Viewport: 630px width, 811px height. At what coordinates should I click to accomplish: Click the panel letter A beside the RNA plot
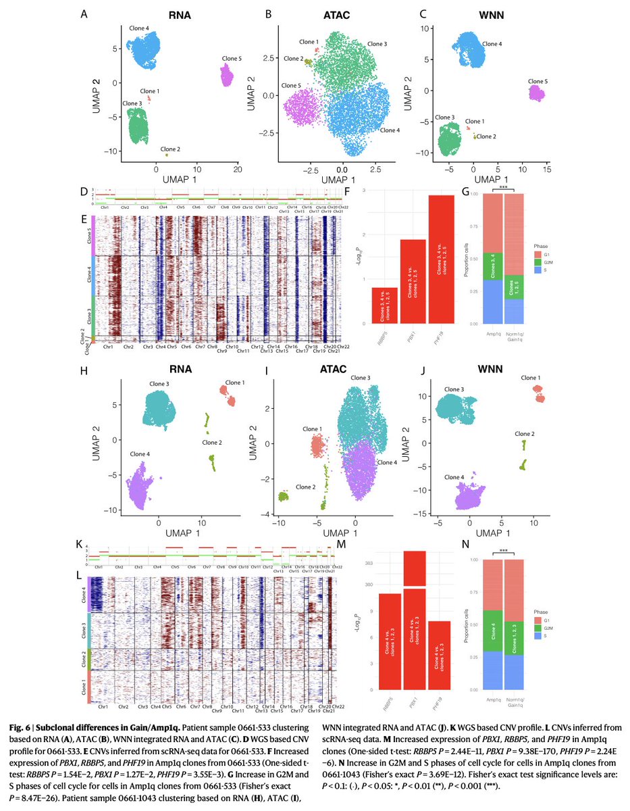coord(84,14)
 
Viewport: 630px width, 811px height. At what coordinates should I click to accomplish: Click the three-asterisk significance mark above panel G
coord(503,187)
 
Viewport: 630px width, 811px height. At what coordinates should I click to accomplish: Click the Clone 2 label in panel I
coord(305,487)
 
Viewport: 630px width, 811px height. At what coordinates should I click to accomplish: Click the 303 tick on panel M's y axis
coord(368,562)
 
